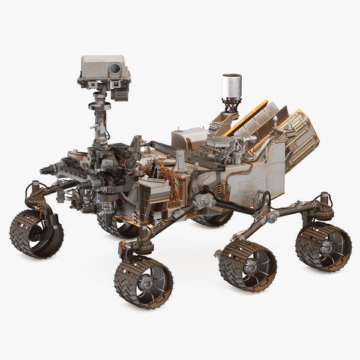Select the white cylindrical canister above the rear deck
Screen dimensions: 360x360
(x=231, y=86)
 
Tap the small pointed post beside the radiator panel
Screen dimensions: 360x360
(x=275, y=125)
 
